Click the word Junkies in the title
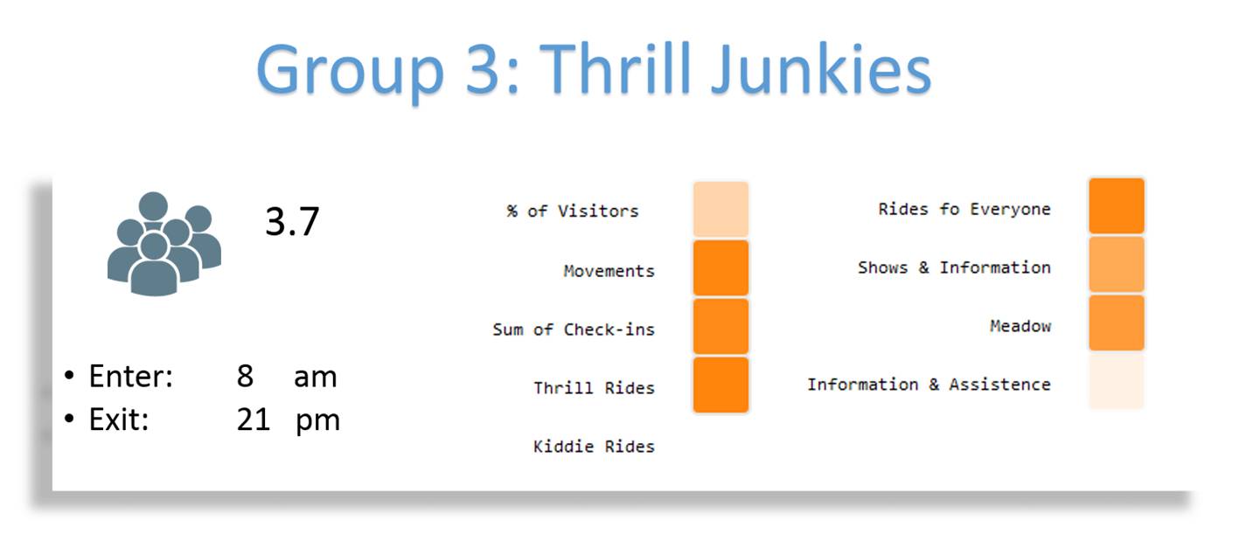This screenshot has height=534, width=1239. click(821, 72)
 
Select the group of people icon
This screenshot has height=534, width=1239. click(164, 244)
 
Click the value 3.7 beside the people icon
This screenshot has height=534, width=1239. click(292, 222)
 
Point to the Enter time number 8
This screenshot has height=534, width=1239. click(245, 377)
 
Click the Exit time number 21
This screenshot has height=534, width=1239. click(254, 420)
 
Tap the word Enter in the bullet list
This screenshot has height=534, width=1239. click(130, 377)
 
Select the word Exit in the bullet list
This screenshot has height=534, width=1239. click(119, 420)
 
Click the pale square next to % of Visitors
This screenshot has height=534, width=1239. click(720, 210)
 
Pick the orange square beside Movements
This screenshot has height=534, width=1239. click(720, 268)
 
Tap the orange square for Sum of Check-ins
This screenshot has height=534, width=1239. click(720, 326)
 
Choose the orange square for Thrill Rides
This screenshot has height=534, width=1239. click(720, 385)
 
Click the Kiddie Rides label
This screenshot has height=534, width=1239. click(594, 446)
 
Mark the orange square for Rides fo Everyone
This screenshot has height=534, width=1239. click(1117, 206)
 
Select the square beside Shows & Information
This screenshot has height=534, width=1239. click(1117, 264)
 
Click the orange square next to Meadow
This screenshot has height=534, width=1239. click(1117, 322)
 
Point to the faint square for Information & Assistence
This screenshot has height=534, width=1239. click(1117, 381)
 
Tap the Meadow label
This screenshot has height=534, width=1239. click(1020, 326)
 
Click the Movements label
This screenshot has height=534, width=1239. click(609, 271)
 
